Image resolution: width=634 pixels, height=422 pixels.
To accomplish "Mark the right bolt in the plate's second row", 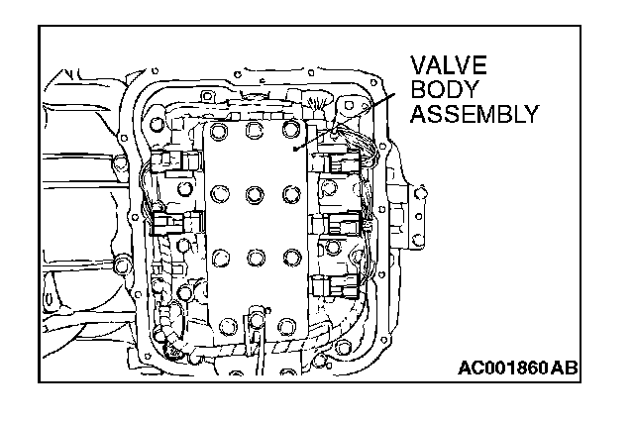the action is point(290,192).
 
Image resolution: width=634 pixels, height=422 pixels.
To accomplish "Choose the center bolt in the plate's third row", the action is point(256,258).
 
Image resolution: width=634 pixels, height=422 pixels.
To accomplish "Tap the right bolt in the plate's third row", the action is point(290,258).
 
